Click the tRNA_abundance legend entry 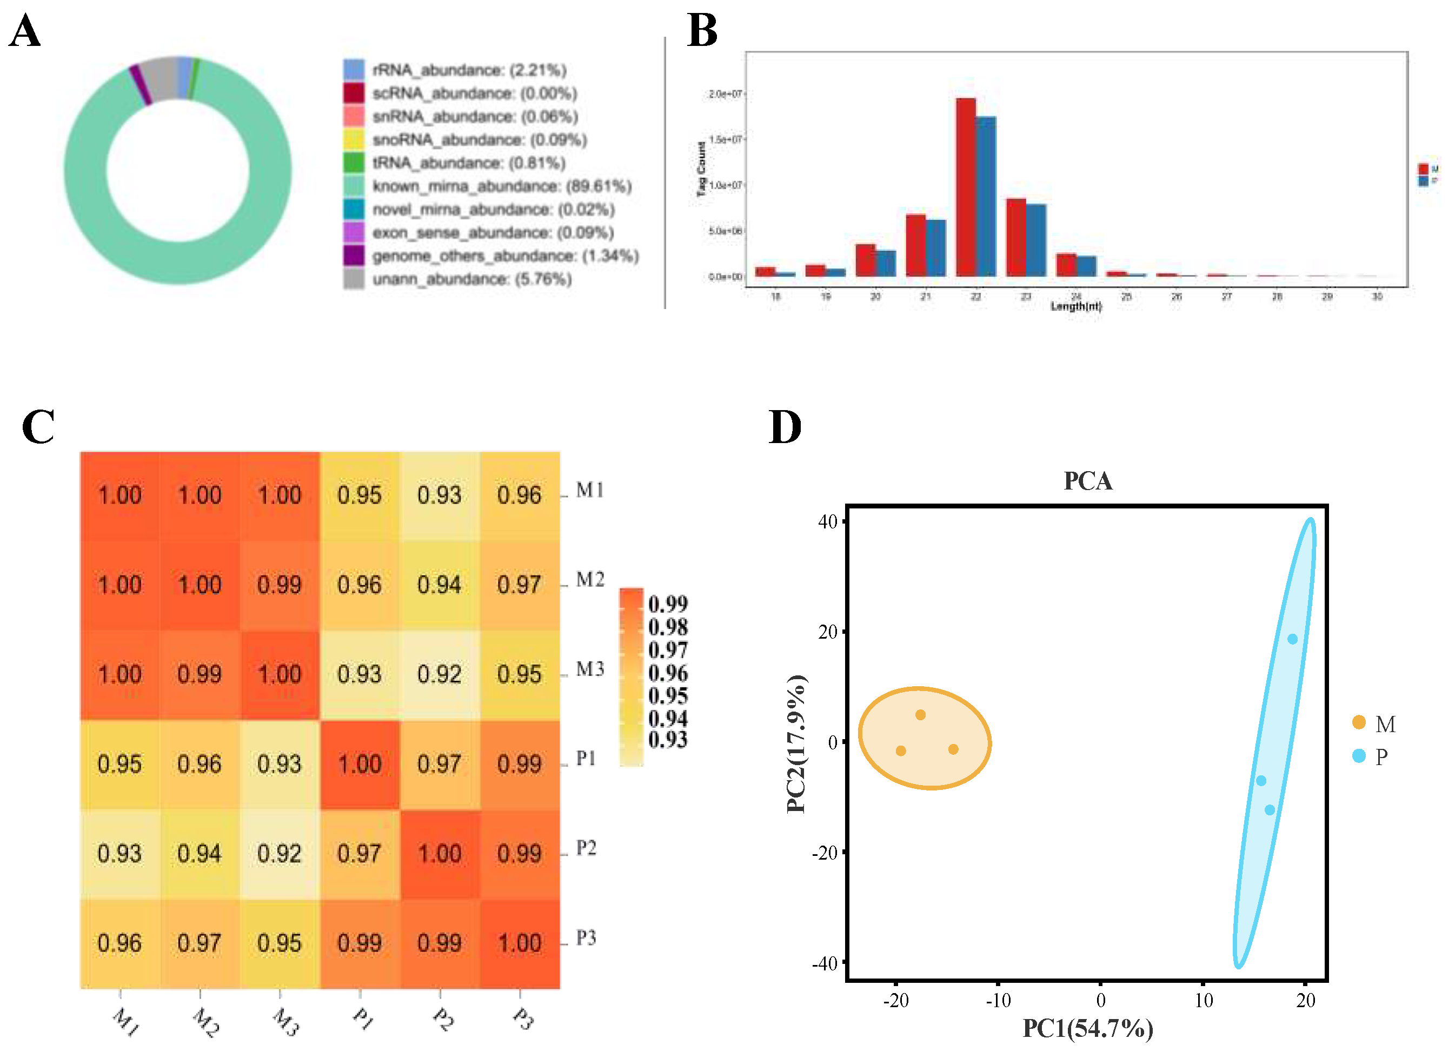coord(468,163)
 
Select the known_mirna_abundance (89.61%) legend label coord(502,186)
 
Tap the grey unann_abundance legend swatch coord(354,279)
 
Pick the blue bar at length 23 coord(1035,240)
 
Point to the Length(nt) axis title coord(1076,306)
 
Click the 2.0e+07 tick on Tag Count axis coord(725,93)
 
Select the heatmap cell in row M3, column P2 coord(440,674)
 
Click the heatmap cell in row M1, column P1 coord(359,495)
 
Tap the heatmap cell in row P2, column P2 coord(440,853)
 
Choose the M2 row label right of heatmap coord(589,580)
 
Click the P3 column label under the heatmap coord(523,1018)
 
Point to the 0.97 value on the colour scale coord(667,650)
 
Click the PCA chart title coord(1087,481)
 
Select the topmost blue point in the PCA coord(1292,639)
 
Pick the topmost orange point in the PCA coord(920,715)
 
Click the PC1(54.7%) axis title coord(1087,1028)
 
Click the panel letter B coord(702,31)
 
